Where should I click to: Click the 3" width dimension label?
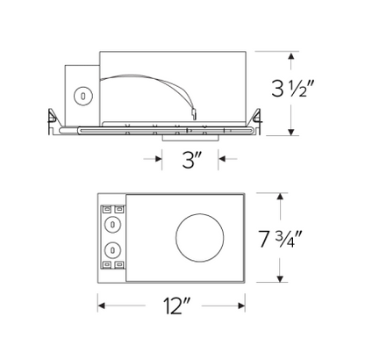pyautogui.click(x=190, y=160)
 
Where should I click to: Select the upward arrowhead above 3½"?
pyautogui.click(x=291, y=54)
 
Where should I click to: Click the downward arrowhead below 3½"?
pyautogui.click(x=291, y=133)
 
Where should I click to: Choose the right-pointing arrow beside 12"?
pyautogui.click(x=242, y=306)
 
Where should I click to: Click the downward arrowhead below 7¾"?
pyautogui.click(x=280, y=281)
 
